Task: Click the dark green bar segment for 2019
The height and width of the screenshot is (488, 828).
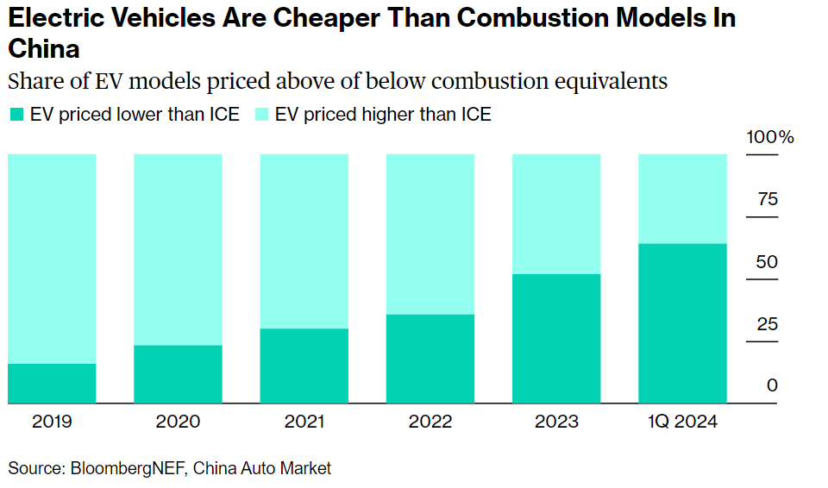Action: point(52,383)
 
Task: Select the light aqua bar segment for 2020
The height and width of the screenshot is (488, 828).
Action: point(178,249)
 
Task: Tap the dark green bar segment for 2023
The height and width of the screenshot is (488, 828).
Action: point(555,338)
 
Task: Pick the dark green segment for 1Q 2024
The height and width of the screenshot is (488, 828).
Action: point(681,323)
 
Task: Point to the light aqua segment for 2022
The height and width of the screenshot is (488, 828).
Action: point(430,234)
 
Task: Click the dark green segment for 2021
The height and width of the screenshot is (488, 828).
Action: point(304,366)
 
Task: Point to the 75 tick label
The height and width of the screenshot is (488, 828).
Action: point(767,200)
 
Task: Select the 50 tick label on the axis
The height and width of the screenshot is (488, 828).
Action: point(767,262)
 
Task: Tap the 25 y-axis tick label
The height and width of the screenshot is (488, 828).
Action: point(767,324)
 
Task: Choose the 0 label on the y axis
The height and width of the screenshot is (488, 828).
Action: point(772,385)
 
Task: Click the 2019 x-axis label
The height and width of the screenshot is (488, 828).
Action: point(52,422)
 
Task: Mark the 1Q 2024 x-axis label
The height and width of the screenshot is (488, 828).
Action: point(681,422)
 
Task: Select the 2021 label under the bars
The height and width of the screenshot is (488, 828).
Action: point(304,422)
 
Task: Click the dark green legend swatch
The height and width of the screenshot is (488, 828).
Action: point(16,115)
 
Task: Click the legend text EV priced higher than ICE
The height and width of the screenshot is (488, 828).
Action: point(383,115)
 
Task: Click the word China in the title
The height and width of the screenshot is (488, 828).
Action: point(43,48)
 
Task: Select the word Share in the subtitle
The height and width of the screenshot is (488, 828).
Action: point(33,82)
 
